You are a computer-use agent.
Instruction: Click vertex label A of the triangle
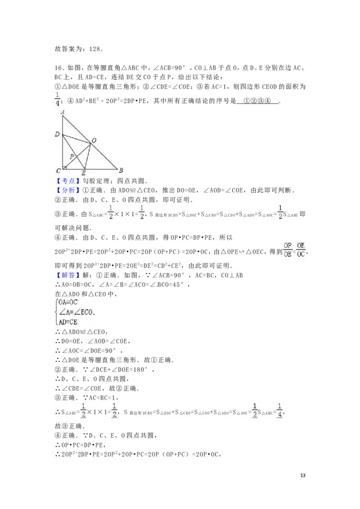click(63, 112)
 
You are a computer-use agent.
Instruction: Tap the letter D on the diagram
click(57, 134)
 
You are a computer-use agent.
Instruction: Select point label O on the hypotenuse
click(94, 141)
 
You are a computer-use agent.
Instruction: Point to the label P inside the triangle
click(72, 156)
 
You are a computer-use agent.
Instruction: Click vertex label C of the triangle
click(58, 171)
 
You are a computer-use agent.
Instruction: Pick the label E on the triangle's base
click(83, 173)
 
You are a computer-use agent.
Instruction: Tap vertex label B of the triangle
click(121, 170)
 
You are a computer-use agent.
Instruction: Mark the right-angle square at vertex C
click(65, 168)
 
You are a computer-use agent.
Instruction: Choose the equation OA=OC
click(68, 302)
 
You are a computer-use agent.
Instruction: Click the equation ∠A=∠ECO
click(76, 312)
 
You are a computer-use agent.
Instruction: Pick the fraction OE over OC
click(301, 250)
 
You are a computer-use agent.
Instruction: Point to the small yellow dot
click(157, 286)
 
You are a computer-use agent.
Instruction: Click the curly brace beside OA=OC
click(56, 312)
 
